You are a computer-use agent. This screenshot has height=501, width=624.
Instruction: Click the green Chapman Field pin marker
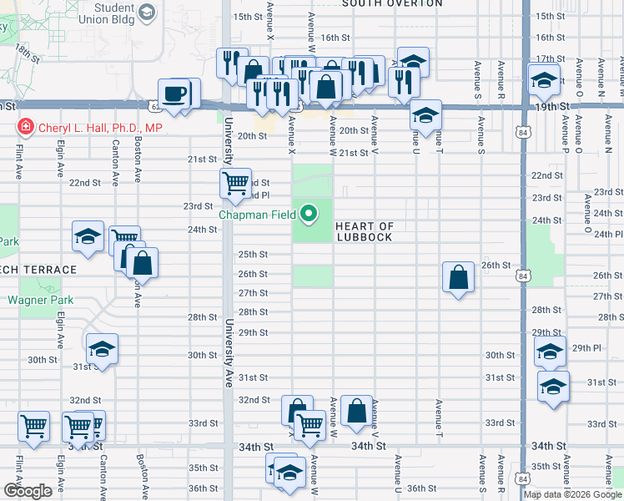[309, 215]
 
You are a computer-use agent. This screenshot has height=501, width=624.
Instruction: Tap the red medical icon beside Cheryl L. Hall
[26, 128]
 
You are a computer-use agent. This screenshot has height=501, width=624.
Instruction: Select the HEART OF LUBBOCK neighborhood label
[364, 231]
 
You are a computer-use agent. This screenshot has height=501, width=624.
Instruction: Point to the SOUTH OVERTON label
[391, 4]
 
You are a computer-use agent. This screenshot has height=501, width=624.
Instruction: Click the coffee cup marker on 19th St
[174, 94]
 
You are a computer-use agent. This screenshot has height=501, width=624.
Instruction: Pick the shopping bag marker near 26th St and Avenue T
[459, 277]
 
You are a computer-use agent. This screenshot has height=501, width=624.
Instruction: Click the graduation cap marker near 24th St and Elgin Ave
[88, 236]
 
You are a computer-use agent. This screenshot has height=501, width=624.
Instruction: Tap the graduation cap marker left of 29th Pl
[550, 353]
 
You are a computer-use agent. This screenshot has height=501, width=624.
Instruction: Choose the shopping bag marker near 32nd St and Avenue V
[356, 411]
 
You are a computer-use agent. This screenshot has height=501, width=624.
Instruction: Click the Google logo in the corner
[28, 491]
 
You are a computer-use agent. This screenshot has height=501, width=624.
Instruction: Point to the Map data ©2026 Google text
[573, 494]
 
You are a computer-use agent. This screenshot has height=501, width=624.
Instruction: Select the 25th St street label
[253, 255]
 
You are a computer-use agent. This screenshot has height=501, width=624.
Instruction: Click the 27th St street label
[253, 293]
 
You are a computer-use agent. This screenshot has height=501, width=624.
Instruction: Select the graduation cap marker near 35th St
[289, 471]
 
